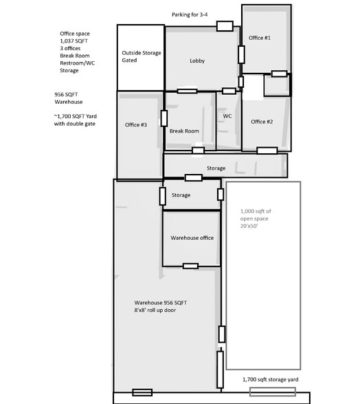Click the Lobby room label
click(197, 61)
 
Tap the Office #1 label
click(260, 38)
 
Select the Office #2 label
click(262, 122)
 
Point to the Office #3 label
click(135, 124)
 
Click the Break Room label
click(184, 131)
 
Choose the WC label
click(227, 117)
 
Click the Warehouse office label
click(192, 238)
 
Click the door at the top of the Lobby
click(224, 26)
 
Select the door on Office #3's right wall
click(164, 119)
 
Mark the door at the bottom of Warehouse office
click(190, 266)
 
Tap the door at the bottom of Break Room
click(198, 150)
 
